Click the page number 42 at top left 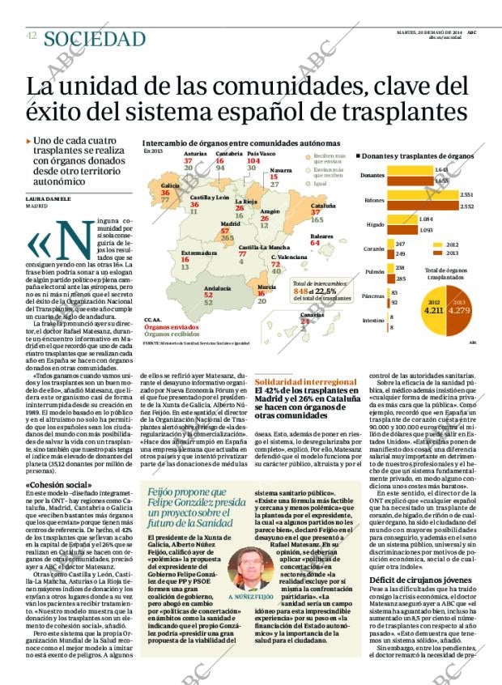31,36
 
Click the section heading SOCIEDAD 95,39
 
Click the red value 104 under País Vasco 253,160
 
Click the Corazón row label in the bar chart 373,249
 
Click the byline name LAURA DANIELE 49,198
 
